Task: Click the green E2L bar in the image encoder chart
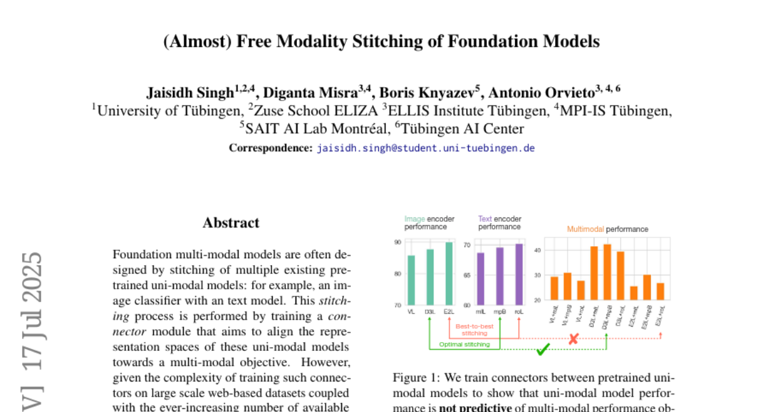[449, 273]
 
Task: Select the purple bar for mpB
[500, 276]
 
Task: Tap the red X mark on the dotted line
[573, 339]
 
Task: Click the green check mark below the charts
[542, 350]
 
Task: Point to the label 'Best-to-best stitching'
[474, 329]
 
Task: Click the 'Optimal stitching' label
[464, 345]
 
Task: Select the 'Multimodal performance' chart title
[607, 229]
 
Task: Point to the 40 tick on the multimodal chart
[537, 251]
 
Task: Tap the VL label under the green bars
[411, 312]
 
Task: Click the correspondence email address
[425, 148]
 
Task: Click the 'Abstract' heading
[231, 223]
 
